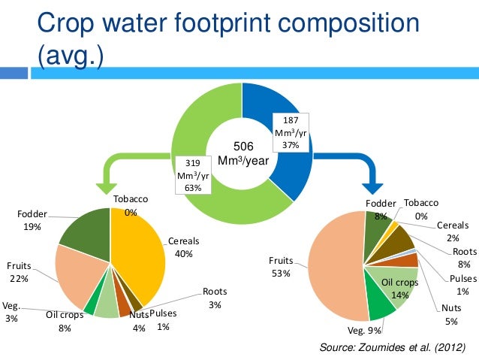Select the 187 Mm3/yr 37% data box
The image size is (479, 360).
(291, 132)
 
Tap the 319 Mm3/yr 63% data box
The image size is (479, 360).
(192, 174)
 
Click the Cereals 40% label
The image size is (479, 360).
(184, 247)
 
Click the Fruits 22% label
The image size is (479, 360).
(19, 271)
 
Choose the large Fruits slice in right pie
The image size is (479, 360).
(338, 263)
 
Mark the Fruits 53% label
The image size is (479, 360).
(282, 267)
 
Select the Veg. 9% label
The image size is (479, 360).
(363, 329)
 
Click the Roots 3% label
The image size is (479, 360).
(214, 298)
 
